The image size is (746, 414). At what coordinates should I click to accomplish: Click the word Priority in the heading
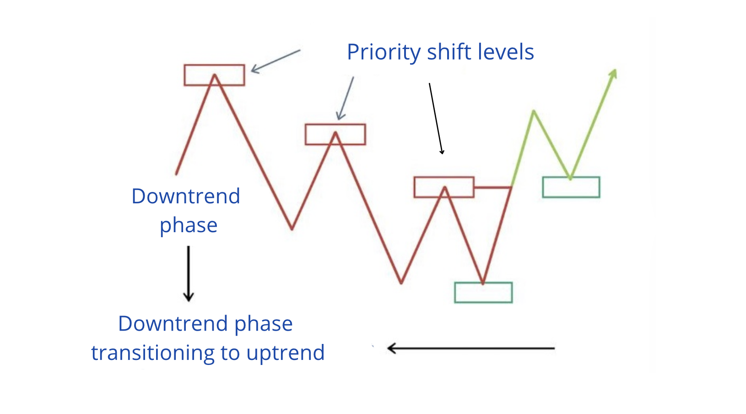coord(384,52)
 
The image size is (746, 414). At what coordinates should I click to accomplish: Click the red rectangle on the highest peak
coord(214,75)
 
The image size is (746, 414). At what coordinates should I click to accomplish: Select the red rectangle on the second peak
coord(335,134)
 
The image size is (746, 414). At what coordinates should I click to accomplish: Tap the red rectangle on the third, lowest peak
coord(444,187)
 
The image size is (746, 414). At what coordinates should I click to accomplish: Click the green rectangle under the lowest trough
coord(483,293)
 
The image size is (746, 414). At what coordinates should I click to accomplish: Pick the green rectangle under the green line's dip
coord(571,187)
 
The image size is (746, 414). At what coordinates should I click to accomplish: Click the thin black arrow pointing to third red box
coord(436,119)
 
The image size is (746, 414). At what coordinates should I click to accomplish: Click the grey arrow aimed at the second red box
coord(346,98)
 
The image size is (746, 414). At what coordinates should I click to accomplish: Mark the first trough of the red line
coord(292,228)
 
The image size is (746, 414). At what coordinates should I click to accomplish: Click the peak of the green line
coord(534,111)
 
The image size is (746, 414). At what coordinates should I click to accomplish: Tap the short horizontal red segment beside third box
coord(492,187)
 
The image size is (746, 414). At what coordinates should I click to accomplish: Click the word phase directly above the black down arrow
coord(189,225)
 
